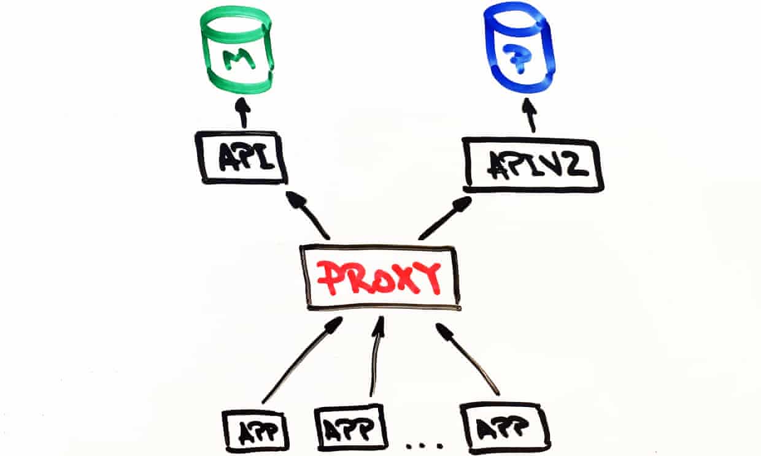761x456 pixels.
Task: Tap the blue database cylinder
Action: point(519,48)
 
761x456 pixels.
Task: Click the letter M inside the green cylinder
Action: point(238,59)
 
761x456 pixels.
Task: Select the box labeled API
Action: point(241,158)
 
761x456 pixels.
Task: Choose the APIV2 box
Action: point(532,165)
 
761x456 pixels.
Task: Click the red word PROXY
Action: point(379,278)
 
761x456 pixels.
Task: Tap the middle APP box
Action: point(350,428)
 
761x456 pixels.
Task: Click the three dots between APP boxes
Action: point(425,445)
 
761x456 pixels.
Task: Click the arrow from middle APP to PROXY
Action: point(377,356)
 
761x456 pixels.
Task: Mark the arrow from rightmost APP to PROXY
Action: point(468,359)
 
